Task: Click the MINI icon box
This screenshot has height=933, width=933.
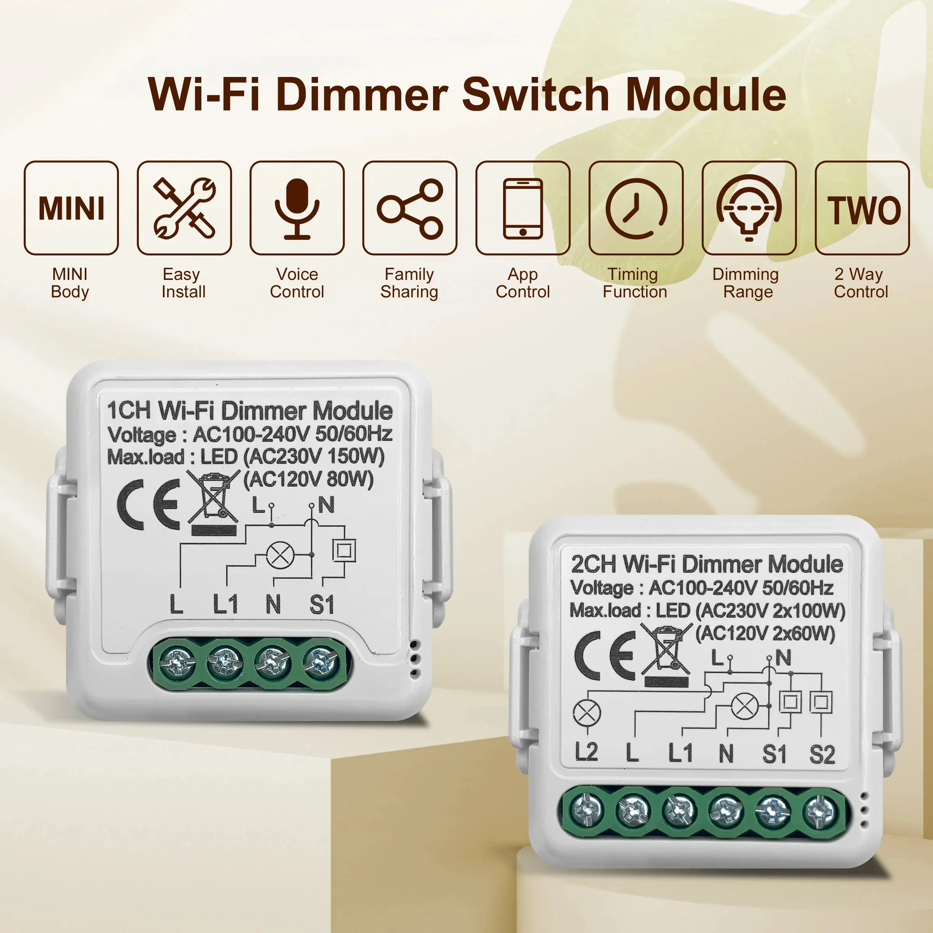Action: (x=71, y=208)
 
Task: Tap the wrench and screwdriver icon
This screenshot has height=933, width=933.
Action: (x=184, y=208)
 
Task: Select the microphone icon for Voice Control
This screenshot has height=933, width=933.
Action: (x=297, y=208)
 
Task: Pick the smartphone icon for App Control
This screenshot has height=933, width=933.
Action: (x=522, y=208)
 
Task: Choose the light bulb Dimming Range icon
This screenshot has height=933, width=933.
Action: (x=748, y=208)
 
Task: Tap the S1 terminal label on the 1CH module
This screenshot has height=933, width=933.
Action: (x=321, y=604)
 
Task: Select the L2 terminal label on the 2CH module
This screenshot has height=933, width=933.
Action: (x=586, y=752)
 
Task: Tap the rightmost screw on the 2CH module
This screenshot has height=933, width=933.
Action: (x=820, y=810)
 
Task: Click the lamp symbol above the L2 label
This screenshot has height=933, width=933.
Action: (x=586, y=713)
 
